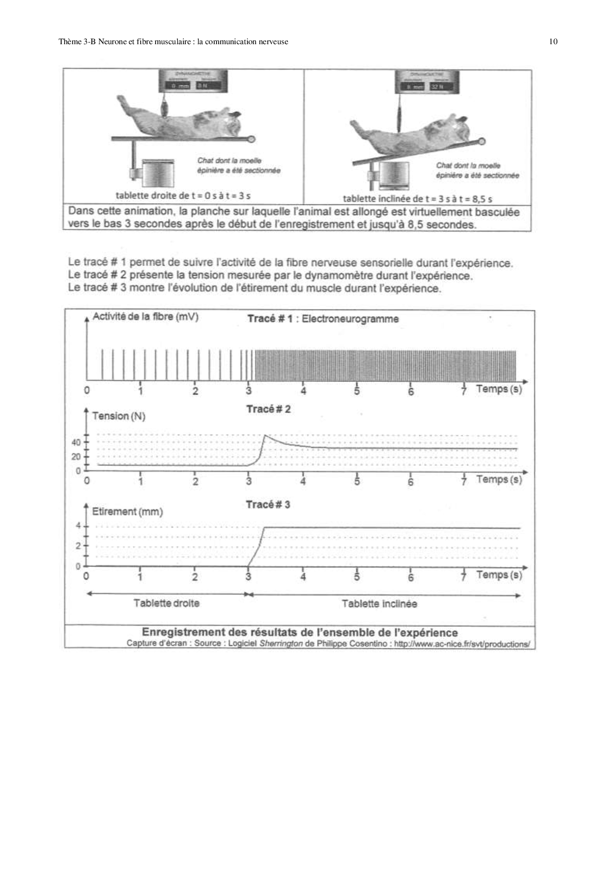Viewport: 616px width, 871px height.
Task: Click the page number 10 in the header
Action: point(553,42)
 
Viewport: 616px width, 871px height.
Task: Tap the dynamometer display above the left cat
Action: point(193,81)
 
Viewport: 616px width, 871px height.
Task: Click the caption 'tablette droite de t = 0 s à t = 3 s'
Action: point(183,196)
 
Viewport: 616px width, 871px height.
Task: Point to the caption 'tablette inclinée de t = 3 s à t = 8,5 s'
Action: point(417,199)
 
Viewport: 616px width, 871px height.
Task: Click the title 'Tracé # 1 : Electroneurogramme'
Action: point(323,319)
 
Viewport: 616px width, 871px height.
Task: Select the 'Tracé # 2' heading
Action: point(268,409)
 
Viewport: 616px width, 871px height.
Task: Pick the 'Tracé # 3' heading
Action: point(268,505)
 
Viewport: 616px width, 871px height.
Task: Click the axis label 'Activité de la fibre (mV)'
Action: point(146,317)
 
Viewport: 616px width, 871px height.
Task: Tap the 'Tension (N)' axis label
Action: point(119,416)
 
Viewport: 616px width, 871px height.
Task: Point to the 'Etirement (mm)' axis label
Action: point(127,511)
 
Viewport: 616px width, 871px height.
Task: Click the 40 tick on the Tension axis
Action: point(76,442)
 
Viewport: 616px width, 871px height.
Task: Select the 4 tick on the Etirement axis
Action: point(78,525)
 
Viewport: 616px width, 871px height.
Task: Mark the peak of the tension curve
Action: point(264,435)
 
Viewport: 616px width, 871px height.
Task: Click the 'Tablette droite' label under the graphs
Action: point(166,603)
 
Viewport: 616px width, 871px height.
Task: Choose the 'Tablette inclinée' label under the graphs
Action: point(379,604)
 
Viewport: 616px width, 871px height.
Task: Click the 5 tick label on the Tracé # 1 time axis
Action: point(357,391)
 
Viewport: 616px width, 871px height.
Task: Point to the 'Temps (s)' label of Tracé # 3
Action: point(499,575)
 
